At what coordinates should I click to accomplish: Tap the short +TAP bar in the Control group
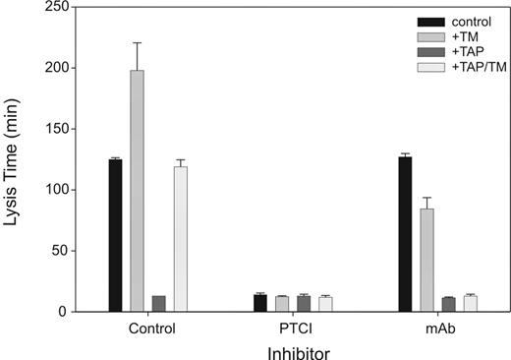click(x=159, y=304)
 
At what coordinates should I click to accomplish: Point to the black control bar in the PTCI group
click(x=260, y=303)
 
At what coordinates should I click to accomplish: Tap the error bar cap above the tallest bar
click(x=138, y=43)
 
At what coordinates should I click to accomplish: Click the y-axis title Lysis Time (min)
click(x=13, y=159)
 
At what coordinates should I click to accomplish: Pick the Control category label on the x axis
click(x=147, y=328)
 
